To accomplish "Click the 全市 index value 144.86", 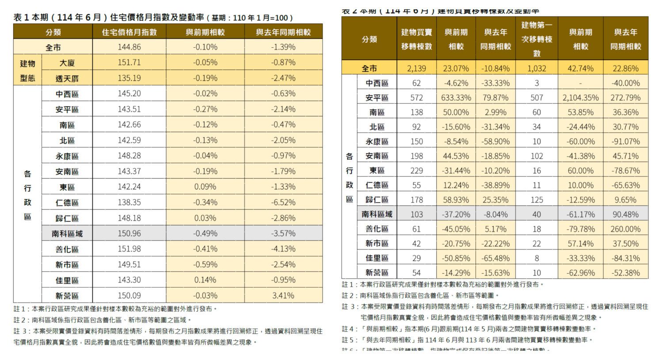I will pos(129,47).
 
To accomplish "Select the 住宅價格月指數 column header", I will pos(129,32).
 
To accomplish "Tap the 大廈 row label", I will pos(67,63).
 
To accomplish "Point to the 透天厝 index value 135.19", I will pos(129,78).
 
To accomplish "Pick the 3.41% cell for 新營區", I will pos(283,295).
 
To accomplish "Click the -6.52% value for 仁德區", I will pos(283,203).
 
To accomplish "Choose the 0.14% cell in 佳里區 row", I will pos(205,280).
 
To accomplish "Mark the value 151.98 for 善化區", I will pos(129,249).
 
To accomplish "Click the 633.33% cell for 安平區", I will pos(456,98).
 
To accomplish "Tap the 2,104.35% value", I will pos(580,98).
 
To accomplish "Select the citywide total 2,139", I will pos(416,69).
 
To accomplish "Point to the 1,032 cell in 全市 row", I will pos(537,69).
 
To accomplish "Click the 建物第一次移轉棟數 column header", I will pos(537,39).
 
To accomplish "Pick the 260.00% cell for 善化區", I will pos(625,229).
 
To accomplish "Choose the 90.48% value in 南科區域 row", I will pos(625,214).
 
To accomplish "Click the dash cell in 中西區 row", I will pos(580,83).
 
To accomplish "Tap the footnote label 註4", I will pos(349,329).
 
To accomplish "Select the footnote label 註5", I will pos(349,340).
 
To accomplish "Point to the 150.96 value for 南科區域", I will pos(129,234).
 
